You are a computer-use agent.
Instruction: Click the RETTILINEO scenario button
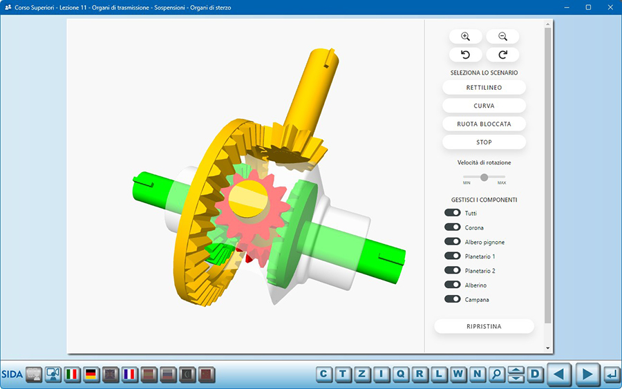tap(484, 88)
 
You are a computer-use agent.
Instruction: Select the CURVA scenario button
tap(484, 106)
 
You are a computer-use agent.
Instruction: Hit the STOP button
tap(484, 142)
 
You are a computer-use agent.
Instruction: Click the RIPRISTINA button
tap(484, 326)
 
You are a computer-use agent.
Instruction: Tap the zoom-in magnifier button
tap(466, 37)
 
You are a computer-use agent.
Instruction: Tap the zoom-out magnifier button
tap(502, 37)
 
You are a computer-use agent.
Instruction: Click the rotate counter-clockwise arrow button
tap(466, 55)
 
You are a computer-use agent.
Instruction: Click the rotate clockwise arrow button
tap(502, 55)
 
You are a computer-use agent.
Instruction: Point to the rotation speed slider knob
tap(484, 178)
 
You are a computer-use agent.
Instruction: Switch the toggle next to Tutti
tap(452, 213)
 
